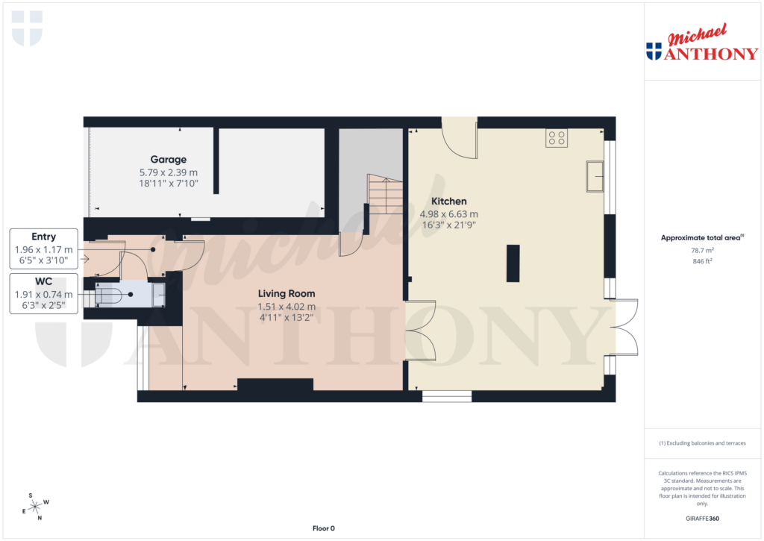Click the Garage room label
168,160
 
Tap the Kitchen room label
449,201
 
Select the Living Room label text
286,293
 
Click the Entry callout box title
44,237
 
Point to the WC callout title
44,281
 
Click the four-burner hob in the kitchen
557,138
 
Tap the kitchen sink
595,176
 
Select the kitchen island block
513,263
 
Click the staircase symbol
386,196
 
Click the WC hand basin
159,295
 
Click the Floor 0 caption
323,528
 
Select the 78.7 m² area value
701,251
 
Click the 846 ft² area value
701,262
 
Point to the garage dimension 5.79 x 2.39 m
168,172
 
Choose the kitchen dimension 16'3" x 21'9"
449,225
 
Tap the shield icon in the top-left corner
27,28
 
